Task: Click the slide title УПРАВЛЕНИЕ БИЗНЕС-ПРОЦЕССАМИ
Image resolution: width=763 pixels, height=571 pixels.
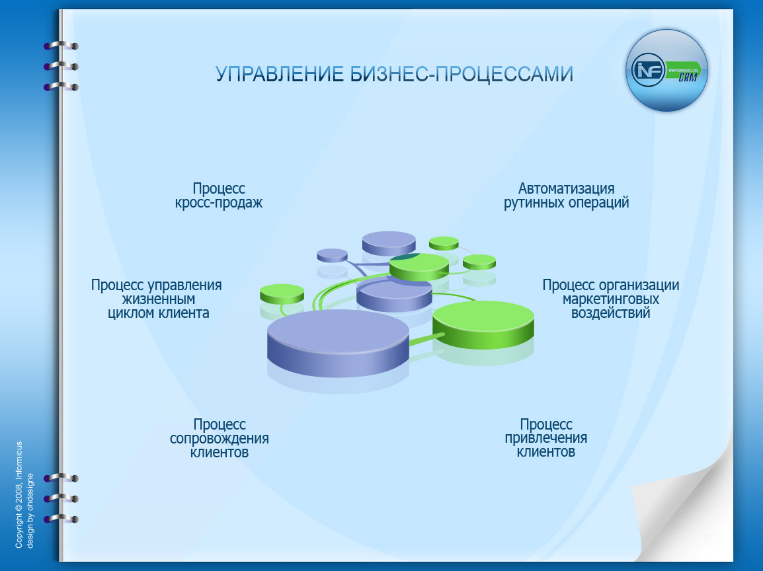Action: (394, 74)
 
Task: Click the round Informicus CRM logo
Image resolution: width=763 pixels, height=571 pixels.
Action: (666, 70)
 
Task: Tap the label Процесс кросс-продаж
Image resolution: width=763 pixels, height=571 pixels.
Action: (219, 196)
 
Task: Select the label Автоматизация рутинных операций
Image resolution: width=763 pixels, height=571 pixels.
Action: (566, 196)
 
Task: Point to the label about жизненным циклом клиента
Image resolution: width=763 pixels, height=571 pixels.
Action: (157, 299)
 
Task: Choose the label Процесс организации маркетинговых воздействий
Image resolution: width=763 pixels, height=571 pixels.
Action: (610, 299)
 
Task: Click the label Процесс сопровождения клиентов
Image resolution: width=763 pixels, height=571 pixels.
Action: (220, 438)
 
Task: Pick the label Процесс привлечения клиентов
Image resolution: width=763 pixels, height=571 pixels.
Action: (546, 438)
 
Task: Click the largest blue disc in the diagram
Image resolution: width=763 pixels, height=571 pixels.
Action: (339, 342)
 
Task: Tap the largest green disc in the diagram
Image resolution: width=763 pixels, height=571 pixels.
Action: (483, 323)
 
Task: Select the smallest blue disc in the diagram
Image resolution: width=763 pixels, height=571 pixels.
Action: (332, 254)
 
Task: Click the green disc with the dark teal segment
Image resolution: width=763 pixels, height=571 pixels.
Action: (419, 266)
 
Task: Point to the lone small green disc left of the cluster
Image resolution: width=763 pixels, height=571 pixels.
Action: (282, 293)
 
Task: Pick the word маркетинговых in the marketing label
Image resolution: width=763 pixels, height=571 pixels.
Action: (610, 299)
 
